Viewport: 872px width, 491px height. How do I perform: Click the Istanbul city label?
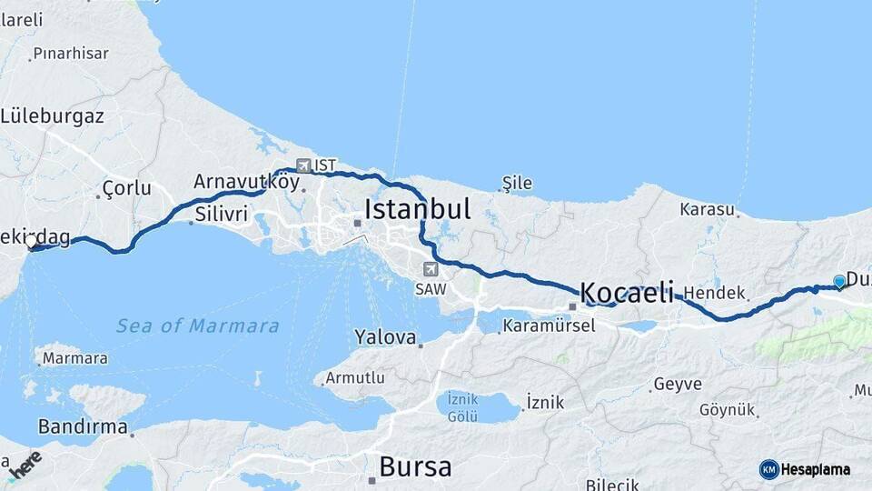click(x=417, y=210)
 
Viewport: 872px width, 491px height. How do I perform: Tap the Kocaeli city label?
click(x=627, y=292)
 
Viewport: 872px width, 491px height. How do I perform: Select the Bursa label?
click(x=415, y=467)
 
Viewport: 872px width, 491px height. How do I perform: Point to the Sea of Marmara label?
click(x=197, y=326)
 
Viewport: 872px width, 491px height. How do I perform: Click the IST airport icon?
click(x=303, y=165)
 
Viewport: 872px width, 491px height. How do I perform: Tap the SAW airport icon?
click(x=430, y=269)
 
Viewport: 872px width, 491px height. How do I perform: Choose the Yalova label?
click(x=385, y=337)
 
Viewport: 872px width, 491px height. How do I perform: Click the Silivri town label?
click(x=221, y=214)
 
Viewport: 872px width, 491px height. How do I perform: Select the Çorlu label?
click(x=126, y=188)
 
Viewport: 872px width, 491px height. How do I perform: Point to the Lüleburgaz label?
click(x=53, y=116)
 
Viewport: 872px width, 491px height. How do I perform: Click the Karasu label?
click(x=707, y=210)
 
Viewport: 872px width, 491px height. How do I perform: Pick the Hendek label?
click(x=714, y=294)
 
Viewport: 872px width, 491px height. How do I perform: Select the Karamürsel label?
click(x=549, y=325)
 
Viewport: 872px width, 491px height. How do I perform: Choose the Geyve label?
click(x=678, y=385)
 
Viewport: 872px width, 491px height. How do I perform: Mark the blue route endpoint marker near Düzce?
click(x=839, y=282)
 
